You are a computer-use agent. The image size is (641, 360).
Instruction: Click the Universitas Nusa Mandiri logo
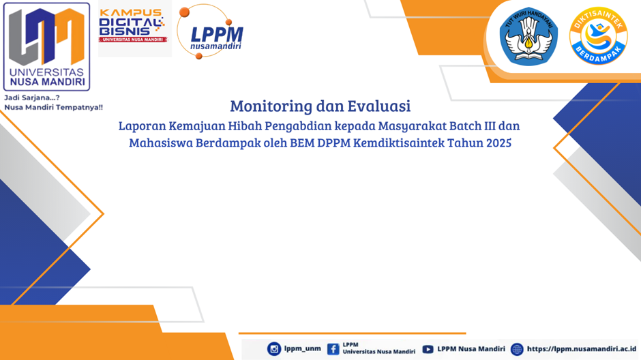point(46,46)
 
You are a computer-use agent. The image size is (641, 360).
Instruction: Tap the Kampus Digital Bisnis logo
point(132,26)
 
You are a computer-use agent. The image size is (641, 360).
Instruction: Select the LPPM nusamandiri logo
point(211,32)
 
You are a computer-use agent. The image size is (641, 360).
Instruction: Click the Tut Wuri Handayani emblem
point(528,36)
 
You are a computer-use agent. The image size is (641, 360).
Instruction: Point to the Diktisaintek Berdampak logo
point(599,36)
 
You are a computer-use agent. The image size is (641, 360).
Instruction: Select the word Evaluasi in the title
point(379,106)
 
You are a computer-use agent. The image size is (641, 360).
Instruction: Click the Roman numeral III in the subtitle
point(490,125)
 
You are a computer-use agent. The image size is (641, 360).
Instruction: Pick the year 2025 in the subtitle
point(498,142)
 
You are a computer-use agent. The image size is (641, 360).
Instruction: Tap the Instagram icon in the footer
point(274,349)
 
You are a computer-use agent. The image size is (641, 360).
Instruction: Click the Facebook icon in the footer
point(333,349)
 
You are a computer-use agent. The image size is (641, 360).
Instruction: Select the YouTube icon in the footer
point(428,349)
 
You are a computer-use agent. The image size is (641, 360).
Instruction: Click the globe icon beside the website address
point(517,349)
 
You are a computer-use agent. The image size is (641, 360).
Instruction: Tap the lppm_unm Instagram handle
point(303,348)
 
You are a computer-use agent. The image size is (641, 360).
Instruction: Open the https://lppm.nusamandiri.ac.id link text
point(581,348)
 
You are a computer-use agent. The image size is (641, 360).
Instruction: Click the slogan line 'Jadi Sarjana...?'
point(32,97)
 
